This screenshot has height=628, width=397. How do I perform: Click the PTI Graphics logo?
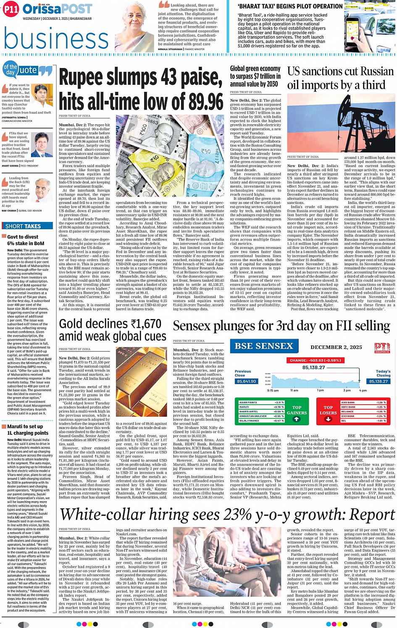coord(382,348)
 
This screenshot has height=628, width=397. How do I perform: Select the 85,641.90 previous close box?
coord(246,381)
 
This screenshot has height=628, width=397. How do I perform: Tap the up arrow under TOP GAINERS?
coord(297,419)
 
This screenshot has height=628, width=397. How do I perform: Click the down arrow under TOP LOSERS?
coord(329,419)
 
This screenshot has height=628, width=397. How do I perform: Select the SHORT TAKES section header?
coord(23,226)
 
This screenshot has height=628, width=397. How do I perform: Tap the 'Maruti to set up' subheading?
coord(24,427)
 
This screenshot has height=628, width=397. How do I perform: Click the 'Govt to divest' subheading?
coord(23,237)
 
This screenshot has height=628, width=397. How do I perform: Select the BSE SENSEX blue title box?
coord(263,346)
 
